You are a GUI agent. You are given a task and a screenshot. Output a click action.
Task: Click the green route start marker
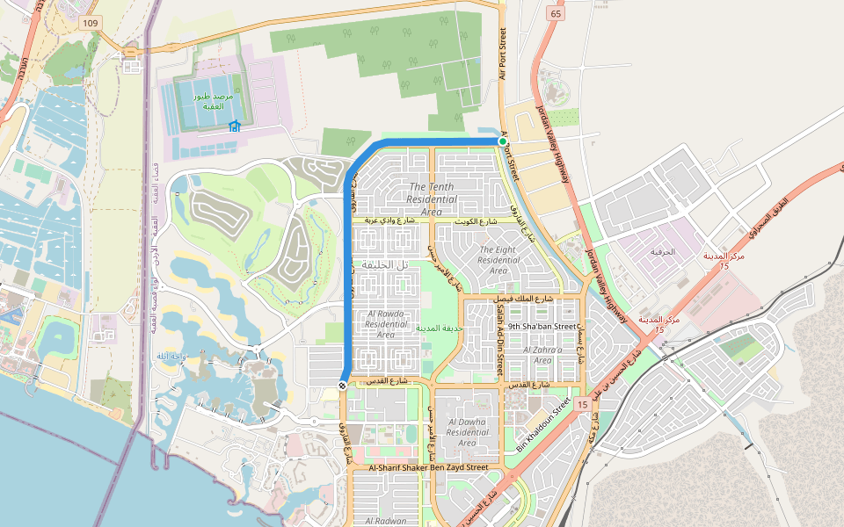click(x=503, y=141)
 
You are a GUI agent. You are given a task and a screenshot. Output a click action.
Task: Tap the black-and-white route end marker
click(x=342, y=386)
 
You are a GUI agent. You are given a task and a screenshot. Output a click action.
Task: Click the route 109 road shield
click(x=88, y=22)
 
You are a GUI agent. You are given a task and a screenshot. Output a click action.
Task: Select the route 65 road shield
click(x=555, y=13)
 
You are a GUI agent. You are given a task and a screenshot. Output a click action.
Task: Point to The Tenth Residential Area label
click(x=431, y=199)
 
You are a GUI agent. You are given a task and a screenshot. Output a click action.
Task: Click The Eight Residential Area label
click(x=498, y=260)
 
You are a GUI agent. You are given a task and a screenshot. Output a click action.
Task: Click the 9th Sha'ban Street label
click(x=542, y=327)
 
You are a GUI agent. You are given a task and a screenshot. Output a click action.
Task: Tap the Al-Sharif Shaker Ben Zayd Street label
click(x=428, y=468)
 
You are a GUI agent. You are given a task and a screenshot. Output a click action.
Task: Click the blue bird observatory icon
click(x=234, y=126)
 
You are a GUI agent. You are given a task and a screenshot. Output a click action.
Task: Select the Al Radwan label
click(x=385, y=521)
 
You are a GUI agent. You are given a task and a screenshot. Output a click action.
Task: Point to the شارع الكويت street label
click(x=476, y=222)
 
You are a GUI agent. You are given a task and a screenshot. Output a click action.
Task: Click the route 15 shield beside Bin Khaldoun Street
click(x=582, y=403)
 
